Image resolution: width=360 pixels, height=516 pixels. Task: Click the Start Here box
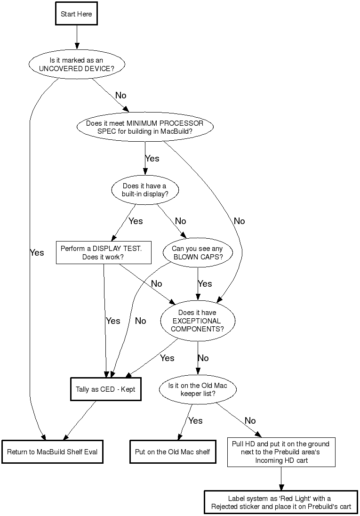pos(76,14)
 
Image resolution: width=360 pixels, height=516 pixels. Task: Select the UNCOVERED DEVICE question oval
pos(76,64)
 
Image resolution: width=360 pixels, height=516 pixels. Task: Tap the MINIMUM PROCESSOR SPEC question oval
pos(144,128)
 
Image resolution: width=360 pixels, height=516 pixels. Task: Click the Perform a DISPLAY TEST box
pos(104,253)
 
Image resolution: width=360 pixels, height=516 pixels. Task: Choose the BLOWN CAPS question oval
pos(197,253)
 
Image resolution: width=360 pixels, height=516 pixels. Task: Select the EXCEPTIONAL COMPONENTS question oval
pos(197,321)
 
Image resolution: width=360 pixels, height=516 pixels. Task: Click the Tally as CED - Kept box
pos(106,389)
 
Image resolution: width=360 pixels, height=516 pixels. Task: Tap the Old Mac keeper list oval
pos(198,389)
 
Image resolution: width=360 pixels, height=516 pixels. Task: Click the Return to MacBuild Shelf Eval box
pos(52,452)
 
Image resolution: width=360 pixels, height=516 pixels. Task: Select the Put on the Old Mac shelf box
pos(173,452)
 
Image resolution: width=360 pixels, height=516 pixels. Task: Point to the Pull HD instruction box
pos(281,452)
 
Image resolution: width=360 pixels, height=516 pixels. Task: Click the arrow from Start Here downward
pos(76,37)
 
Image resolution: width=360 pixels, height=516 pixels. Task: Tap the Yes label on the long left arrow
pos(37,253)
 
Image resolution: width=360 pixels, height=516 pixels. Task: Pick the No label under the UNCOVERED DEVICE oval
pos(120,95)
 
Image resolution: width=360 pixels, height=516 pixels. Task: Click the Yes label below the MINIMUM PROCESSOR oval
pos(152,159)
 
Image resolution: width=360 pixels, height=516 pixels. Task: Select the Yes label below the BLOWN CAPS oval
pos(205,284)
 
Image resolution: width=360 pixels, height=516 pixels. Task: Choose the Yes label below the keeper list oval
pos(195,420)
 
